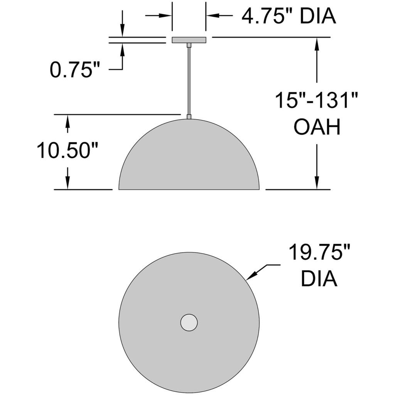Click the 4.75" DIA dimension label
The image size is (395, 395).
point(289,16)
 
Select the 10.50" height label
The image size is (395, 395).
point(67,150)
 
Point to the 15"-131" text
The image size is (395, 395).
point(316,100)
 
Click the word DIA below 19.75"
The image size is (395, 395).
point(319,279)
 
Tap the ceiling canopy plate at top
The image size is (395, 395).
point(189,40)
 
